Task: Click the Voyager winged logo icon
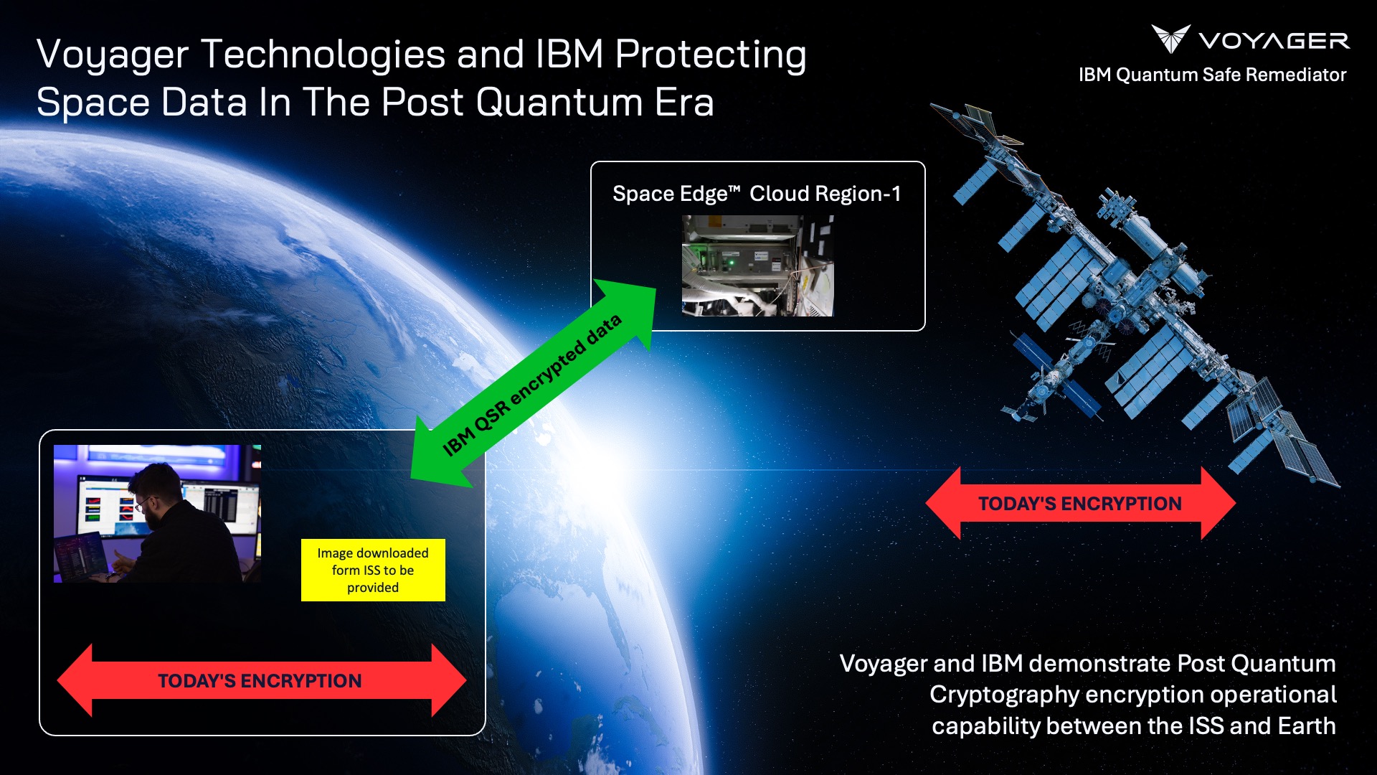point(1170,39)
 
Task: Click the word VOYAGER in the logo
point(1274,42)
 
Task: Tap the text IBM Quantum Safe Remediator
point(1212,75)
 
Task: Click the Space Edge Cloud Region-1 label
point(757,194)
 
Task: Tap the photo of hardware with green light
point(757,266)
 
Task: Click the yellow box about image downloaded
point(373,570)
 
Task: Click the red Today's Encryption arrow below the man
point(260,680)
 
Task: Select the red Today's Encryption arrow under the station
point(1080,503)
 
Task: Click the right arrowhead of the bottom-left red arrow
point(448,680)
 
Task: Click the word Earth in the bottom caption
point(1306,725)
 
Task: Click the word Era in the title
point(684,102)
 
